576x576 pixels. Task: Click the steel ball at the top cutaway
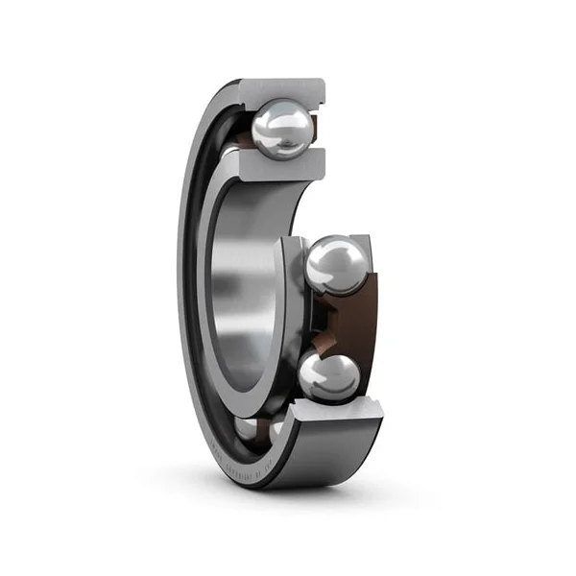coord(282,130)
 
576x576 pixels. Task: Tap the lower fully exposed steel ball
coord(328,376)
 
